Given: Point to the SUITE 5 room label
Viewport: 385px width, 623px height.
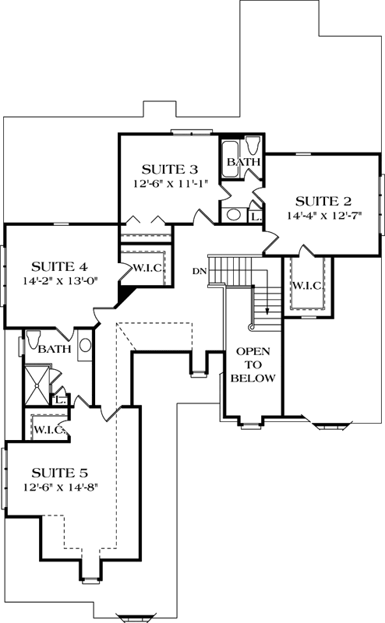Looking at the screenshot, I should point(59,472).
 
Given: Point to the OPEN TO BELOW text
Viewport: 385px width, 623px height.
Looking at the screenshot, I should point(254,364).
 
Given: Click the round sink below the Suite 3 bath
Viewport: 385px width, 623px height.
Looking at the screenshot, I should point(233,214).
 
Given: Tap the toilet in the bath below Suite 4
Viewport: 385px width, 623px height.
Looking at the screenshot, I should point(34,340).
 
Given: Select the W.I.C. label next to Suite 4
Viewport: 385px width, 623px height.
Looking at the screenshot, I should point(147,269).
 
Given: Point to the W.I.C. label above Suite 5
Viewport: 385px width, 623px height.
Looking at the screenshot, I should point(48,429).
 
